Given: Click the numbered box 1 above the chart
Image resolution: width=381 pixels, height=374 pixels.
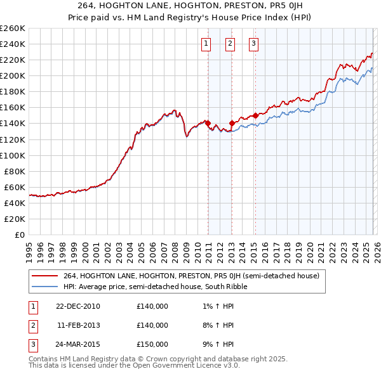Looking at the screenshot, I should [x=206, y=44].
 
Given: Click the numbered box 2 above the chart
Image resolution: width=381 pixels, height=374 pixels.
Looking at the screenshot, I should [x=229, y=44].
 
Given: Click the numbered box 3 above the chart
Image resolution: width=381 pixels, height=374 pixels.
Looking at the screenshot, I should [x=253, y=44].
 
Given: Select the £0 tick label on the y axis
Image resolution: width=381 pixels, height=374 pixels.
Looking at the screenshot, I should [x=20, y=235].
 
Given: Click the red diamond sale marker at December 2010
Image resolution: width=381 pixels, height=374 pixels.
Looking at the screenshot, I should [x=208, y=123].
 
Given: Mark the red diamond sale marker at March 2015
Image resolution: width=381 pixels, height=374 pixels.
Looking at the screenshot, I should [x=255, y=115].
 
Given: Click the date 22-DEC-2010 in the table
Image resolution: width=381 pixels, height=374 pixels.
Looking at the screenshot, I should [x=77, y=306].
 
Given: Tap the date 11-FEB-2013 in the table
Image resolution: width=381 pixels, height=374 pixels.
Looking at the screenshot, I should [x=78, y=325].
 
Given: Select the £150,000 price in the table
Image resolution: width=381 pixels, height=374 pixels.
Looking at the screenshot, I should [x=152, y=344].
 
